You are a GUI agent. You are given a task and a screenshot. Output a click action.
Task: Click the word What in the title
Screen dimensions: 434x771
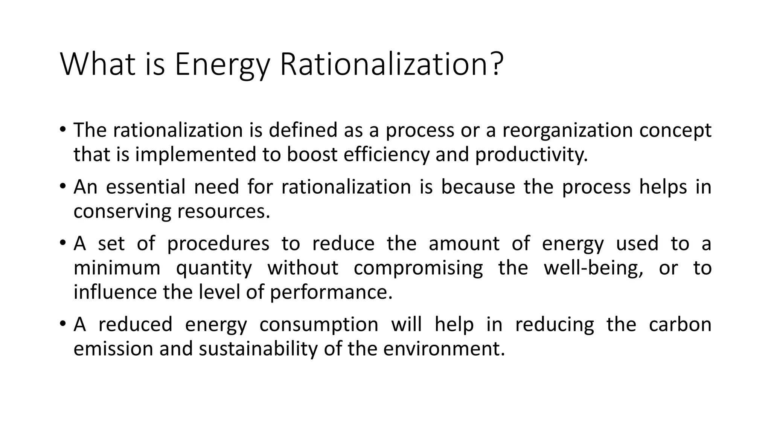coord(98,64)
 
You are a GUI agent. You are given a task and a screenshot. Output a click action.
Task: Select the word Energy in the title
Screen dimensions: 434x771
coord(222,65)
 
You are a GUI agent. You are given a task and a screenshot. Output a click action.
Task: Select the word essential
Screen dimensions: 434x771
coord(146,187)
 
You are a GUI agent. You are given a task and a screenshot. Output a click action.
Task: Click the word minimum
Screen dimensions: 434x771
coord(117,268)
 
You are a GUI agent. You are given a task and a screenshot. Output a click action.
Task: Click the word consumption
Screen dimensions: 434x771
coord(319,325)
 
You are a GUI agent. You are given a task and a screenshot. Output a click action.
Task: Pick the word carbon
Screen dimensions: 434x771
coord(680,324)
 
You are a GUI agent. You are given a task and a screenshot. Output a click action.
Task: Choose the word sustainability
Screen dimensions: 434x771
coord(259,349)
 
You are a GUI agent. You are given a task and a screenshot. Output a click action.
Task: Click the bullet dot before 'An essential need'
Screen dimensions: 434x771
coord(62,186)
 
